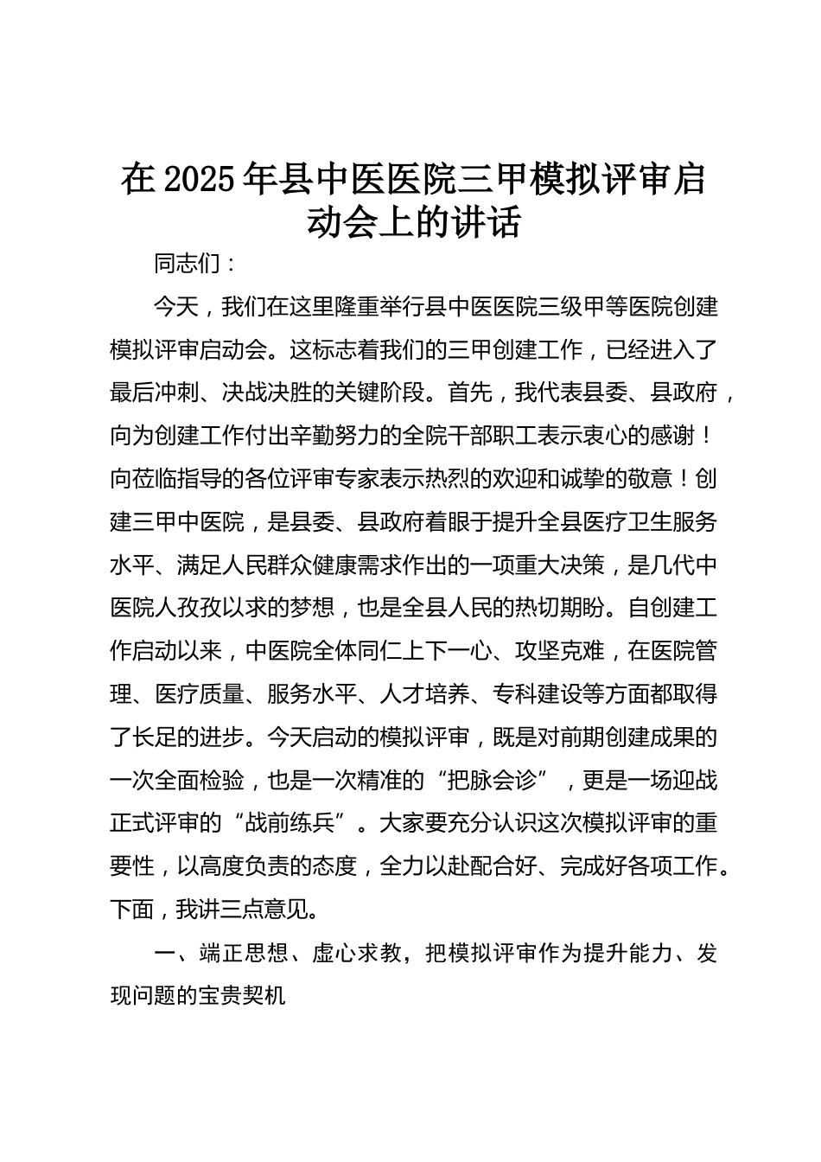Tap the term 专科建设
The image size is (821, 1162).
click(x=537, y=695)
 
